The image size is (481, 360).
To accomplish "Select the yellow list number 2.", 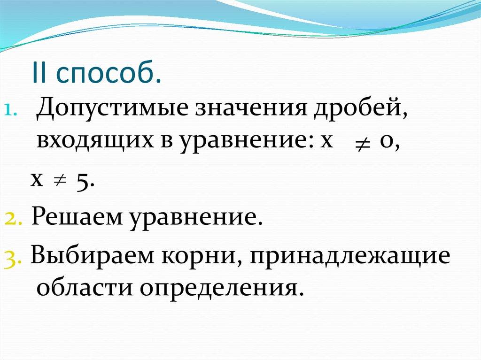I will pos(12,218).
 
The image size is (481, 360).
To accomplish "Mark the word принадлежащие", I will pos(350,257).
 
